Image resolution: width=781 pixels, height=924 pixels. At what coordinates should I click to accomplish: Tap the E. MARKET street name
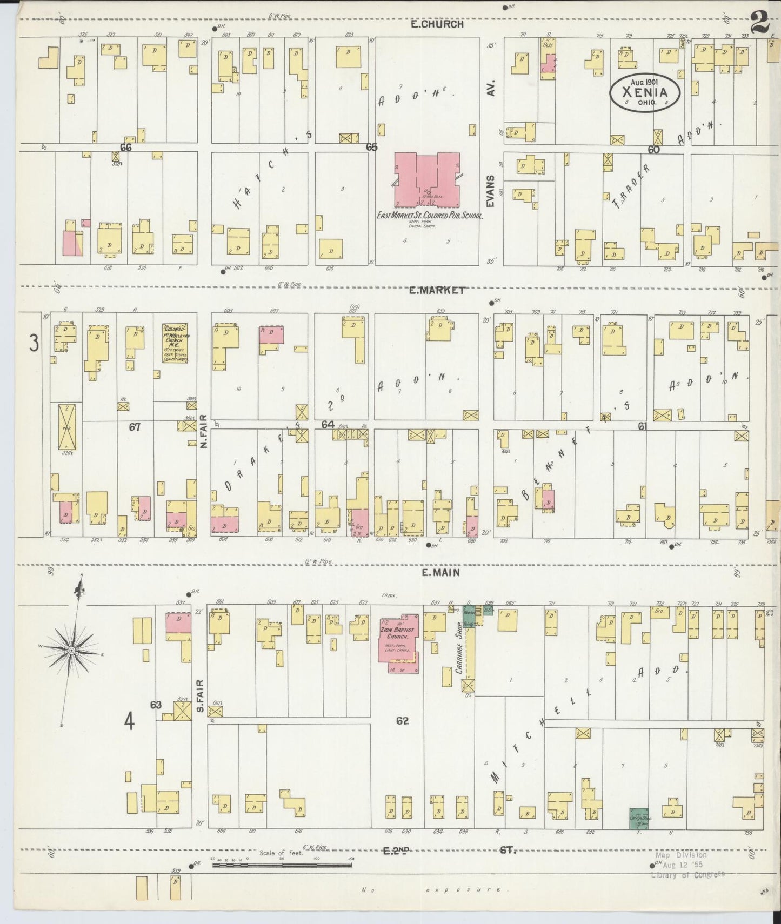click(x=436, y=290)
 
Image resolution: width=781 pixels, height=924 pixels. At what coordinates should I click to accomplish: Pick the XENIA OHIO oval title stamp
click(x=645, y=93)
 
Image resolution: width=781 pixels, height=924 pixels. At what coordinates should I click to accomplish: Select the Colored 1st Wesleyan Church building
click(x=175, y=343)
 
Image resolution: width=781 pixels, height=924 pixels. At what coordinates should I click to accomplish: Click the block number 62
click(x=402, y=721)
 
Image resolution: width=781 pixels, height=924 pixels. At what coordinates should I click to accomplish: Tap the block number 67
click(x=135, y=427)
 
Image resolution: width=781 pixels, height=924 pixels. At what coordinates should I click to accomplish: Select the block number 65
click(x=371, y=146)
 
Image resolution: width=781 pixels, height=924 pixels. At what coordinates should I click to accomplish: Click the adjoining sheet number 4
click(x=129, y=721)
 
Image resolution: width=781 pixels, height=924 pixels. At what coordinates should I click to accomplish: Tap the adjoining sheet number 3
click(x=34, y=343)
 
